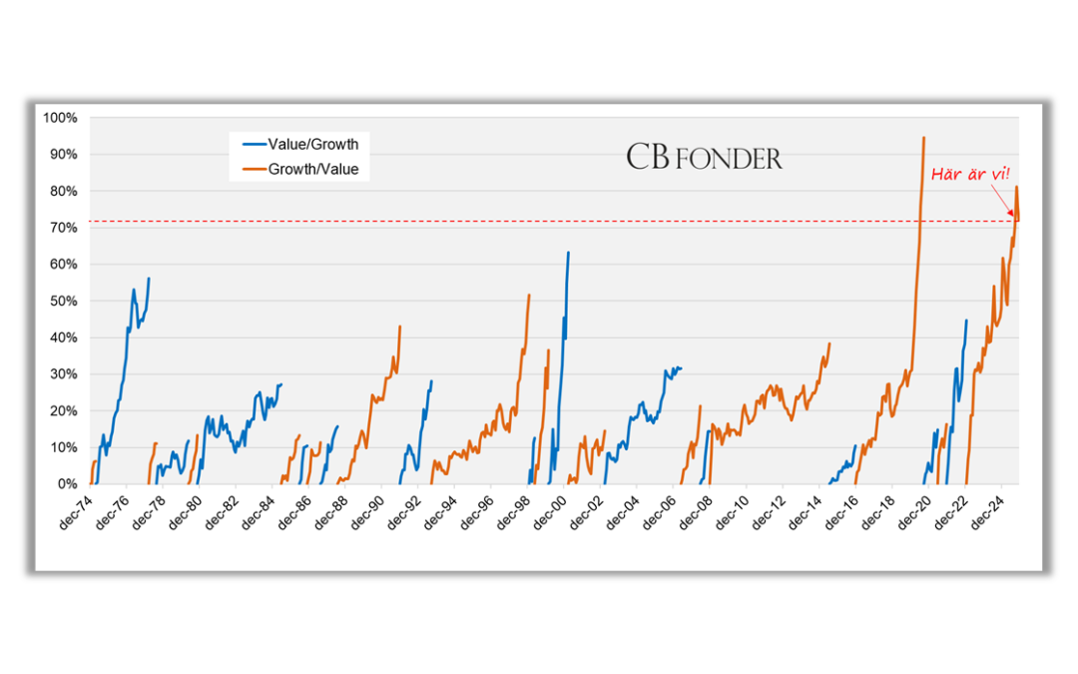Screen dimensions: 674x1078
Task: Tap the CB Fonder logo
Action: click(704, 158)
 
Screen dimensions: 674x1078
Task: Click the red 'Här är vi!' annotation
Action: click(969, 174)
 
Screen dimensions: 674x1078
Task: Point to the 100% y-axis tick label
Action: click(60, 118)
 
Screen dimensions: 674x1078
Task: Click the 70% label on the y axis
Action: click(63, 228)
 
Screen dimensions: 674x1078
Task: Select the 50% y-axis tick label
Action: click(63, 301)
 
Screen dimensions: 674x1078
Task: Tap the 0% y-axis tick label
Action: click(67, 484)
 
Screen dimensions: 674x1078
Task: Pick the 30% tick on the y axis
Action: click(63, 374)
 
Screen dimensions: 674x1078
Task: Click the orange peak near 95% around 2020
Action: click(923, 138)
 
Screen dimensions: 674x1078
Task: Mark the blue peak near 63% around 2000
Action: click(568, 253)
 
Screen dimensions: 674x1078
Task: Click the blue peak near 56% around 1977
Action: click(149, 279)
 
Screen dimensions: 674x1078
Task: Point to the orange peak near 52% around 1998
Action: click(529, 295)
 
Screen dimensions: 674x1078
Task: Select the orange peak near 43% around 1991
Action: click(400, 327)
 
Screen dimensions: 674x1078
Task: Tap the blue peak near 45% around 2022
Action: click(966, 321)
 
